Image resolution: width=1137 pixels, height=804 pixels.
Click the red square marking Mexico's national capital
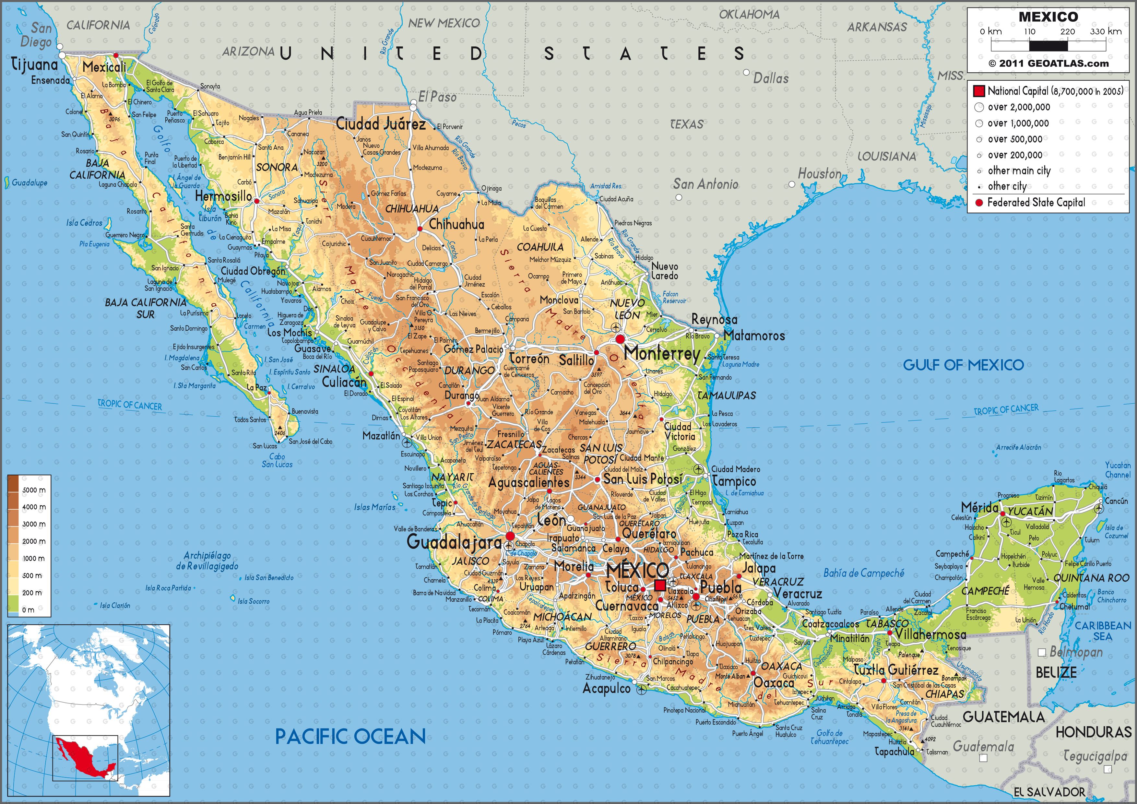[660, 586]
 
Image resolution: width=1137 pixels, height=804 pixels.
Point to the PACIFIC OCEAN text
[350, 737]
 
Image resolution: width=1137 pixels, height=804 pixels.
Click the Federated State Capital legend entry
[1036, 203]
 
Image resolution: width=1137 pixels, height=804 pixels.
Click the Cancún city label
[1116, 501]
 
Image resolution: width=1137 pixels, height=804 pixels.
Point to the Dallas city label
[771, 78]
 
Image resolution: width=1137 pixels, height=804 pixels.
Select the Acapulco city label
[607, 689]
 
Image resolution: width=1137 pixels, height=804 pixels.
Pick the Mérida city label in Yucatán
[979, 507]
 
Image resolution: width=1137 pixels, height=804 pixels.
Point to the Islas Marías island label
[375, 507]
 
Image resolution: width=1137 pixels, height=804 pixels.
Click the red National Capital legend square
[978, 91]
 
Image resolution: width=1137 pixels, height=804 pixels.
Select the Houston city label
[819, 174]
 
